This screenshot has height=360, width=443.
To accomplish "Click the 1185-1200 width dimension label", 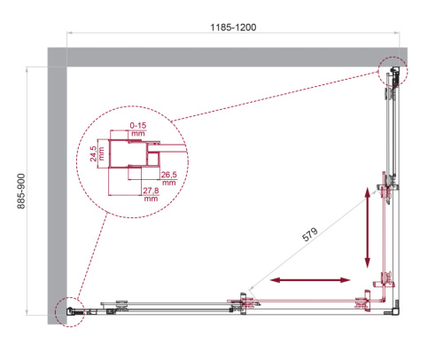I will tap(234, 27).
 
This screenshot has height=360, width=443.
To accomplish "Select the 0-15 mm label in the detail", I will tap(137, 129).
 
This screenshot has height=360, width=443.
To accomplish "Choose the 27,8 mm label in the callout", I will tap(149, 194).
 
